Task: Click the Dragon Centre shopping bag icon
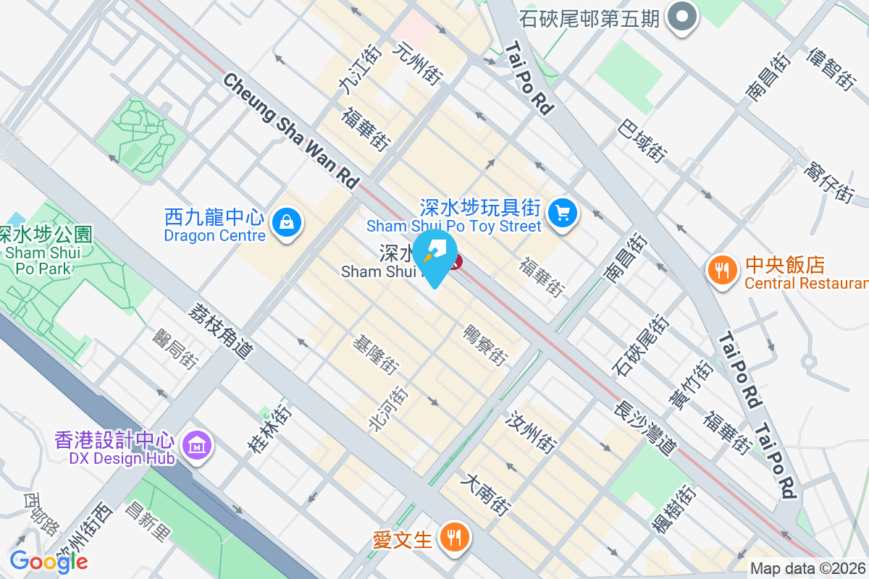[x=287, y=221]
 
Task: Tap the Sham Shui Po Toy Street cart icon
[x=562, y=212]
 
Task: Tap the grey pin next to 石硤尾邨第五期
[x=681, y=17]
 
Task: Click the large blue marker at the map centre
[x=434, y=258]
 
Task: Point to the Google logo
[x=49, y=561]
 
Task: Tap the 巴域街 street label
[x=642, y=140]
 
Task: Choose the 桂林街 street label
[x=270, y=429]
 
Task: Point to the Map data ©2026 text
[x=808, y=569]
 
